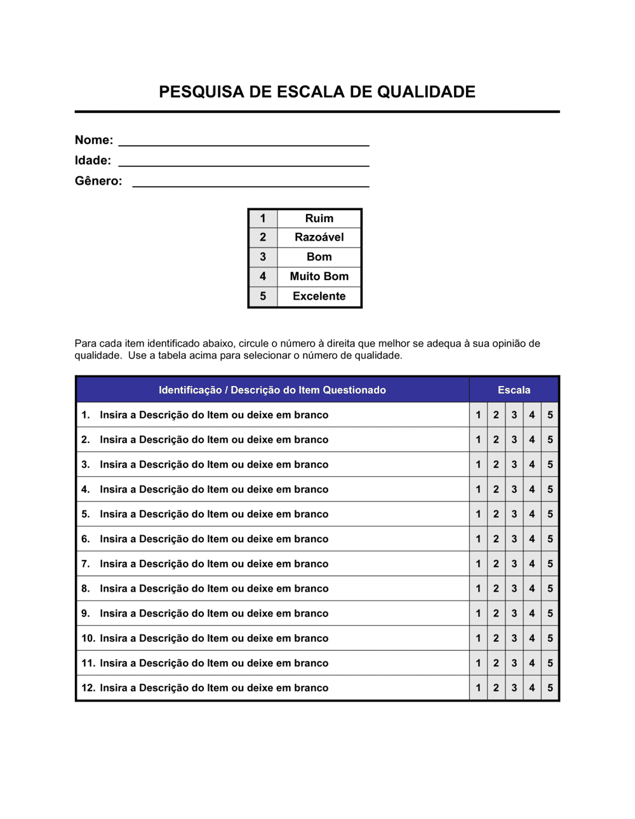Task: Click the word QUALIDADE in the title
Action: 426,92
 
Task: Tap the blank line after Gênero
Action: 251,183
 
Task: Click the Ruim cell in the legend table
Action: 319,218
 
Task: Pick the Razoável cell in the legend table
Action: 319,237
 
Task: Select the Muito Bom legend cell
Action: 319,276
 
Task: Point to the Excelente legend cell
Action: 319,296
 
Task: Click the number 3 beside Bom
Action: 263,257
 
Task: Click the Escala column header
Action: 514,390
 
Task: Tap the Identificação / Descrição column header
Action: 272,390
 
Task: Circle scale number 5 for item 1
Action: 550,415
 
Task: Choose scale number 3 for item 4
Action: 514,489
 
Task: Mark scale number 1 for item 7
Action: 478,564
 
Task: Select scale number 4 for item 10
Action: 532,638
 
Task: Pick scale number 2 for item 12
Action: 496,688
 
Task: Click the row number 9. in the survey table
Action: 86,613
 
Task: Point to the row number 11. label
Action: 88,663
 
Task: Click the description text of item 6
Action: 214,539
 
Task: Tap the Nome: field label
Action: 94,140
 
